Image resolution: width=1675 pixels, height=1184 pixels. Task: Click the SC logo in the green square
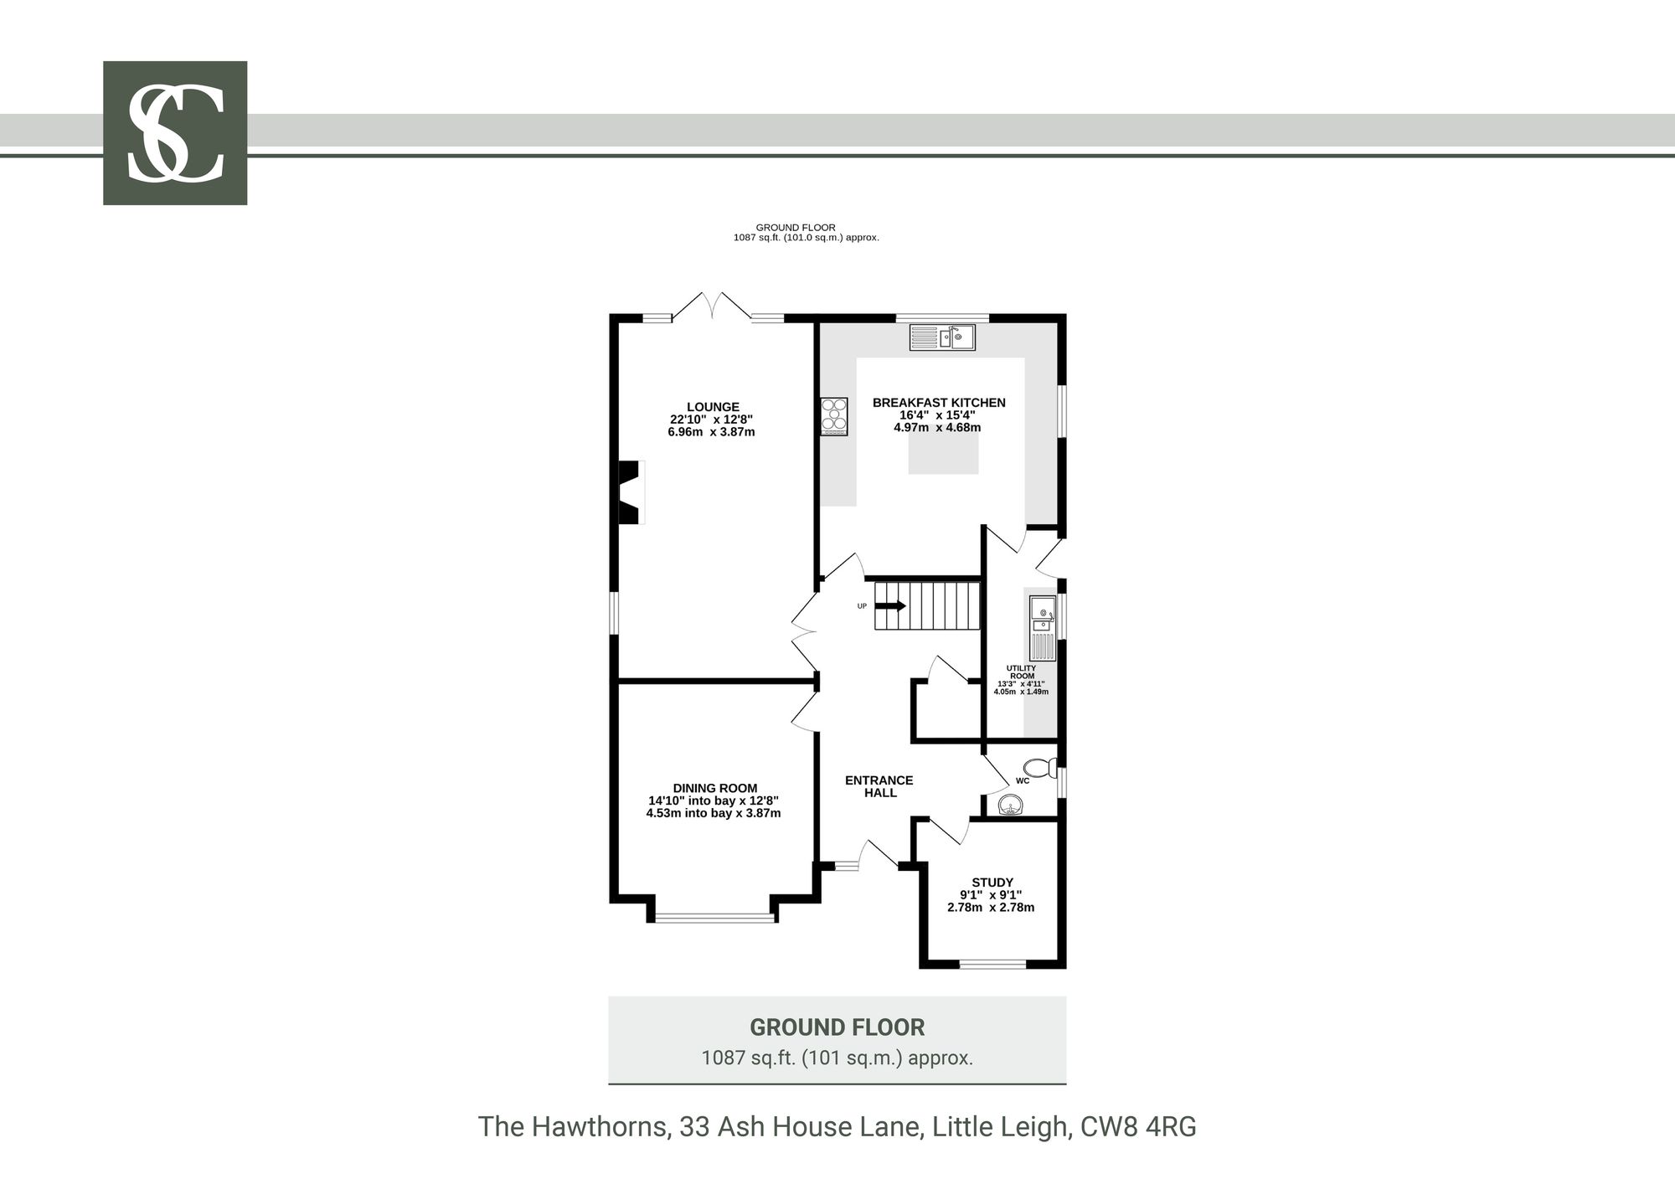pyautogui.click(x=175, y=133)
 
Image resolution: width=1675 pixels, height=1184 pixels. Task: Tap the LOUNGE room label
pyautogui.click(x=713, y=407)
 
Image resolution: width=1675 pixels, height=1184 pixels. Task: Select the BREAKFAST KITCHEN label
pyautogui.click(x=939, y=402)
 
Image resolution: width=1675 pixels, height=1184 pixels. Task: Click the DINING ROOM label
pyautogui.click(x=714, y=788)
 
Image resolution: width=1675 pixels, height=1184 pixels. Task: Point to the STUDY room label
pyautogui.click(x=992, y=882)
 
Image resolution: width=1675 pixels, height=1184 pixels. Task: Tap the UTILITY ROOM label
pyautogui.click(x=1021, y=672)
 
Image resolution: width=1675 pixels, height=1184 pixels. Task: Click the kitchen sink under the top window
pyautogui.click(x=942, y=337)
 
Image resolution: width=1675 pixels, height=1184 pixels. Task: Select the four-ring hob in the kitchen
pyautogui.click(x=835, y=416)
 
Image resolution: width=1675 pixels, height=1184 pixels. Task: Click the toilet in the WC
pyautogui.click(x=1039, y=767)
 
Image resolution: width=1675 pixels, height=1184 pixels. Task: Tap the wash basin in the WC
pyautogui.click(x=1013, y=805)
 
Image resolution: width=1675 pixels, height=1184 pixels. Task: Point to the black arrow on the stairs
pyautogui.click(x=890, y=606)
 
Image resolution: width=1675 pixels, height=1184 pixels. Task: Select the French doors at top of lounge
pyautogui.click(x=713, y=306)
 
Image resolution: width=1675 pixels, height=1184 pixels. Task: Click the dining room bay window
pyautogui.click(x=715, y=919)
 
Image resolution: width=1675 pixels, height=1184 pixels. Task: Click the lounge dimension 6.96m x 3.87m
pyautogui.click(x=711, y=432)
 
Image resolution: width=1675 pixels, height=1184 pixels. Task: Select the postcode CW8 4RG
pyautogui.click(x=1138, y=1127)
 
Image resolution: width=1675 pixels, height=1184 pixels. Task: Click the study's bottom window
pyautogui.click(x=992, y=964)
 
